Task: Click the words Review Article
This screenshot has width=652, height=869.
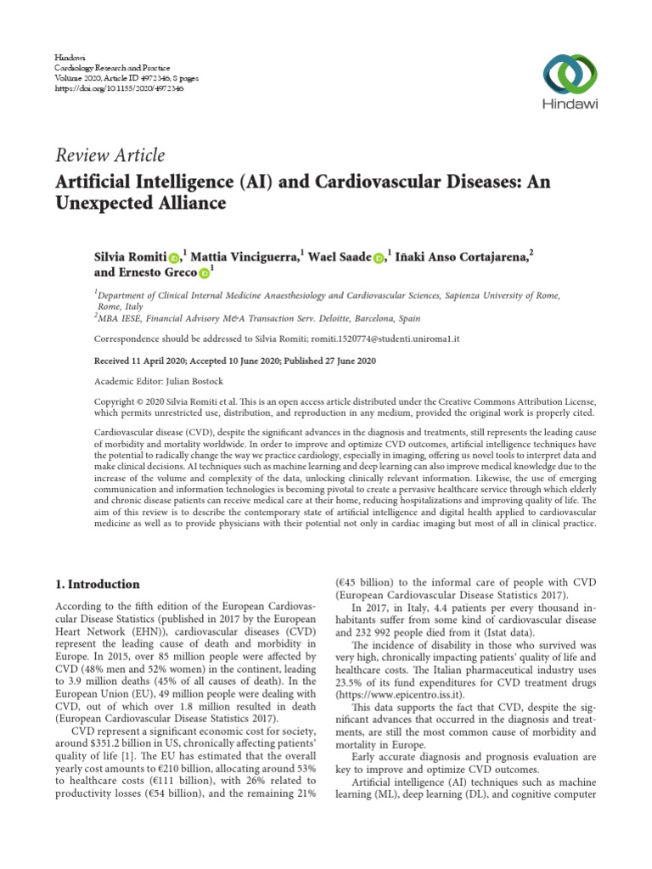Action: coord(110,155)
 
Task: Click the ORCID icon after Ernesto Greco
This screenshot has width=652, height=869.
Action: coord(204,274)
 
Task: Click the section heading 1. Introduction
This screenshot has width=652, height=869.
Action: coord(98,585)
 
